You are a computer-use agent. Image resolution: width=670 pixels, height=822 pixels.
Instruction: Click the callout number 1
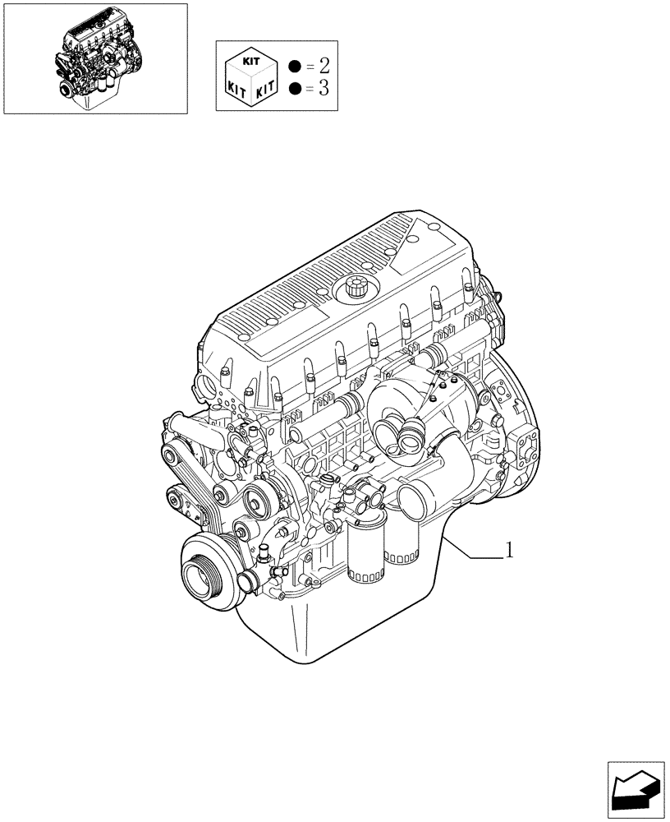click(x=509, y=550)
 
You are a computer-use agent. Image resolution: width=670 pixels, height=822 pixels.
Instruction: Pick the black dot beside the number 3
click(x=295, y=88)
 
